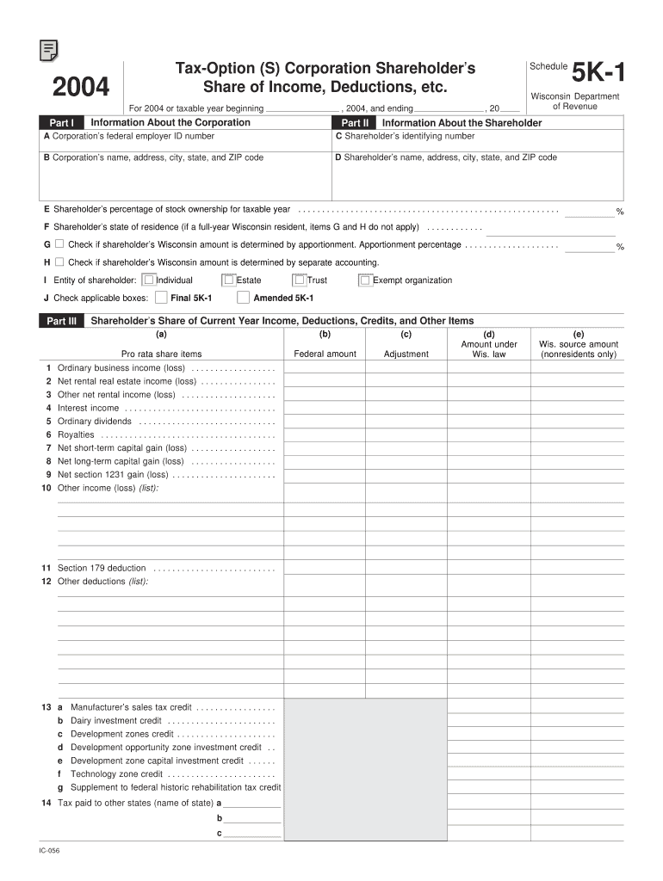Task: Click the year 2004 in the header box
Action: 81,88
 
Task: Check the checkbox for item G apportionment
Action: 59,244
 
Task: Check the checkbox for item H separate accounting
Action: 59,262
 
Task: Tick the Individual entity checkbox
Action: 149,280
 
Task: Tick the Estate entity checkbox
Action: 228,280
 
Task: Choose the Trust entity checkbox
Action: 300,280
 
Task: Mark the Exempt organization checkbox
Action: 365,280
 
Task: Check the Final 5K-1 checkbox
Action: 161,298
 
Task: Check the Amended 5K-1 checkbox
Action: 243,298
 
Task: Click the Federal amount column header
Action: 325,354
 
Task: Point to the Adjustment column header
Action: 406,354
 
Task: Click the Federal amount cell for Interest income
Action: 325,408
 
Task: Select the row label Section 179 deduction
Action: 102,568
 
